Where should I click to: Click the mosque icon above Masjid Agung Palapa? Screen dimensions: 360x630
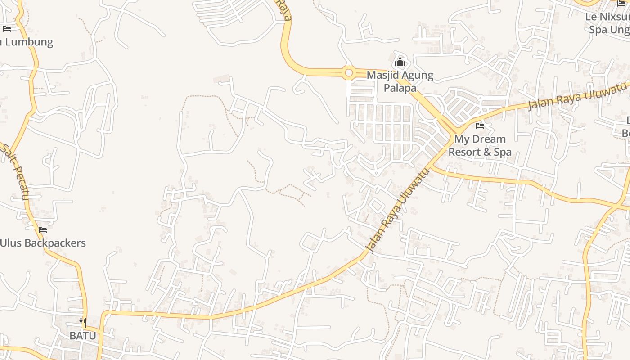point(400,62)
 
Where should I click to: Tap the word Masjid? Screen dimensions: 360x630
point(382,75)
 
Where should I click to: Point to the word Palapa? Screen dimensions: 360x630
point(400,88)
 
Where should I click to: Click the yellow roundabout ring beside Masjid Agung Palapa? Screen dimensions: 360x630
point(348,72)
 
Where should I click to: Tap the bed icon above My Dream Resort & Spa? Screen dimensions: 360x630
point(480,126)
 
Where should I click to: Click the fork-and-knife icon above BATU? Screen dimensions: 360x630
point(83,322)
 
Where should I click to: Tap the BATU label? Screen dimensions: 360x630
point(83,336)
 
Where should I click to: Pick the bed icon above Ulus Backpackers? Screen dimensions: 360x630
point(43,230)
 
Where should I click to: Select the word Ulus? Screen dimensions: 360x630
point(10,243)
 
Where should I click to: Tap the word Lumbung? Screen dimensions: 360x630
point(29,42)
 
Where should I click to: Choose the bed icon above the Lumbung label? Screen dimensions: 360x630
point(6,29)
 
